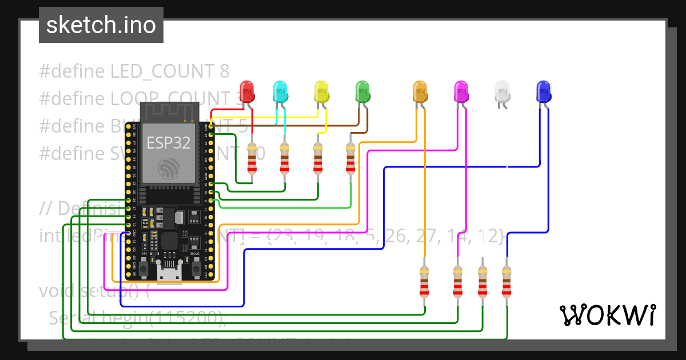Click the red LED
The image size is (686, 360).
[246, 90]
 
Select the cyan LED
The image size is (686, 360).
[280, 90]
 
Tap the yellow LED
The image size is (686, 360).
[322, 90]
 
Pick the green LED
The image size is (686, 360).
[362, 90]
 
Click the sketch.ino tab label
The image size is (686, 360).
[101, 25]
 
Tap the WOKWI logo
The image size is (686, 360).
[607, 315]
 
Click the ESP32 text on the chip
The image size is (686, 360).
[169, 143]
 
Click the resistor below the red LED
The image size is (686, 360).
[252, 158]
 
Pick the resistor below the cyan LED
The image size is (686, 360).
[285, 158]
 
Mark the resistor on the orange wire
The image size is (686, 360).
[424, 281]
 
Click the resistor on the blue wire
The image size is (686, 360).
[506, 281]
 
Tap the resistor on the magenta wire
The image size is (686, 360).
[457, 281]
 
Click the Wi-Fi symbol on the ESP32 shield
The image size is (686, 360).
[168, 167]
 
